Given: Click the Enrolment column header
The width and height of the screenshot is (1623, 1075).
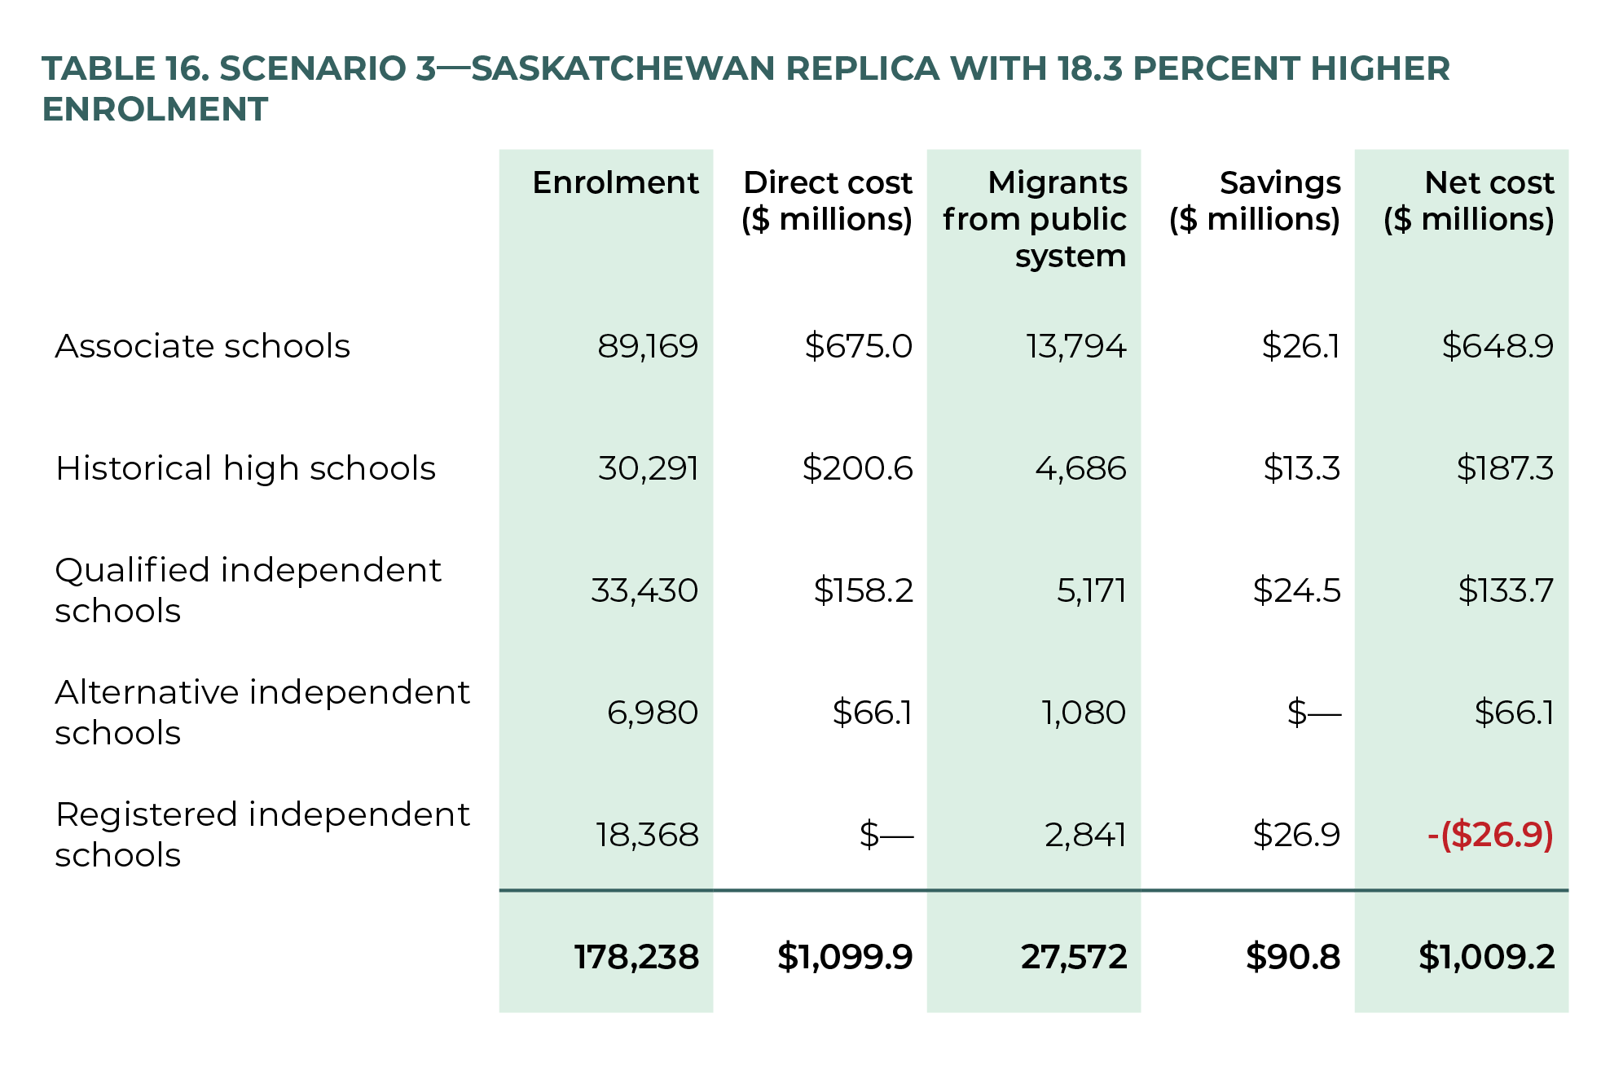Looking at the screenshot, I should point(615,182).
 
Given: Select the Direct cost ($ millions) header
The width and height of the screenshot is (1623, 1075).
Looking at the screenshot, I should point(827,201).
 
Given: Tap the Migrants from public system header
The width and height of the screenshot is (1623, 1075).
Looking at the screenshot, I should point(1035,219).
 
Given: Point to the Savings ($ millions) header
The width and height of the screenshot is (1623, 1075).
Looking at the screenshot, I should point(1256,201).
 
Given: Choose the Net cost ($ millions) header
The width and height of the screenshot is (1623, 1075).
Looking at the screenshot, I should point(1469,201).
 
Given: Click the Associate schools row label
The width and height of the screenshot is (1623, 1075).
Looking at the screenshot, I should point(202,346).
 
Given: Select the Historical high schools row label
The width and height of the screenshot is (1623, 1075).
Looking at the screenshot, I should point(245,468).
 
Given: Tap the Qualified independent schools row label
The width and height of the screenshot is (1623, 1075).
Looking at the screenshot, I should point(248,590).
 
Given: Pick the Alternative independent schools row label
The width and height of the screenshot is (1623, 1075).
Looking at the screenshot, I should point(262,713).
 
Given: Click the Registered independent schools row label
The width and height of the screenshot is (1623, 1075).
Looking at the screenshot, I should point(262,835).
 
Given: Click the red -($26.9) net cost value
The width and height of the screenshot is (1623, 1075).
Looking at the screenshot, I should point(1490,835).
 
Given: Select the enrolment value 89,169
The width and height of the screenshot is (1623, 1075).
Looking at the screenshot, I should point(648,346).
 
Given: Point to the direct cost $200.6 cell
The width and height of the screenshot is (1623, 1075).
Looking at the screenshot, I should point(857,468).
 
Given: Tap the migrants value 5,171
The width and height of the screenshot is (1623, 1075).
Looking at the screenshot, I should point(1091,590).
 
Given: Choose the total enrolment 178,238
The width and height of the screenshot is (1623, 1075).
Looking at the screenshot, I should point(636,957).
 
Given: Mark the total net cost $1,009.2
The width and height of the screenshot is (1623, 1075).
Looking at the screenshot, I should point(1486,957).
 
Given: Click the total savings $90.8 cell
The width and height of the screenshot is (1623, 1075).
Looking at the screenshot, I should point(1292,957).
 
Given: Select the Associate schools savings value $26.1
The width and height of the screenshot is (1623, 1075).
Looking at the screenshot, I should point(1300,346).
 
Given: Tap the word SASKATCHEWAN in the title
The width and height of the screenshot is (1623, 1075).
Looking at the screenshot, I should point(622,68).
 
